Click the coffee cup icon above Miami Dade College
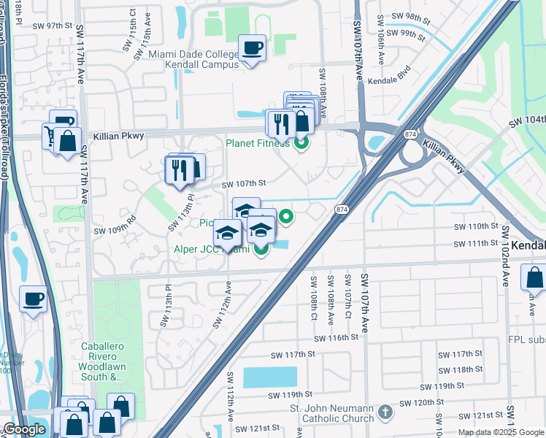[252, 48]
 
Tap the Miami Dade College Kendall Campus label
[193, 59]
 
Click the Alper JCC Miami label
[211, 250]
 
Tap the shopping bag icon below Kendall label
[534, 278]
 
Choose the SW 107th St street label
[245, 184]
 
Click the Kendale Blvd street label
[391, 81]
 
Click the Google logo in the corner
[24, 429]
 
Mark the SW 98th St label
[412, 16]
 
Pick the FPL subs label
[526, 339]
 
